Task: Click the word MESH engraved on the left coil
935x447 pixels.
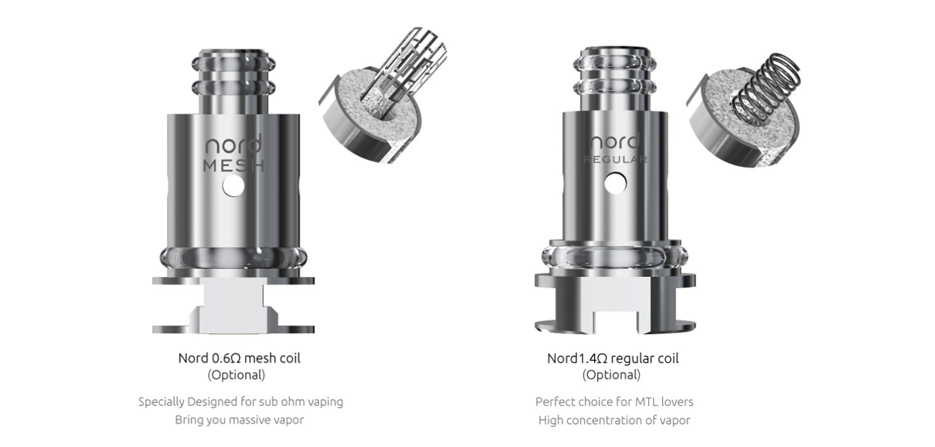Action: (233, 165)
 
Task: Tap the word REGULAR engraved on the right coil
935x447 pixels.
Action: (615, 159)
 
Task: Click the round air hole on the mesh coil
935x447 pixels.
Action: (234, 186)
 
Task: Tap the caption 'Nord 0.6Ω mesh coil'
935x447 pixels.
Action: (239, 358)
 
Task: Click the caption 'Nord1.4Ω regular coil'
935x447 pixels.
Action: (613, 358)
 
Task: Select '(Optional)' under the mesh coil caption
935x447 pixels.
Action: (236, 374)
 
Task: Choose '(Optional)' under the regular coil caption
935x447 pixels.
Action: (611, 374)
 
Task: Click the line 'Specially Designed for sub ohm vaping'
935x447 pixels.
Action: (240, 401)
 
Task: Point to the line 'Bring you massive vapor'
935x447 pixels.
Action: (239, 419)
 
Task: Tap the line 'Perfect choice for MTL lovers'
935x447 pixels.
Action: (614, 401)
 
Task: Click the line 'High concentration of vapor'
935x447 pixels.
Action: (614, 420)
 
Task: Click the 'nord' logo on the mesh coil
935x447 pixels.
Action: (233, 144)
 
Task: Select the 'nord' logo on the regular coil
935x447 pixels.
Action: (615, 141)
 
